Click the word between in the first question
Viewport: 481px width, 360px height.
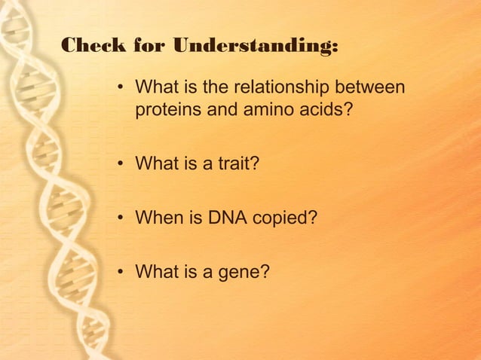click(369, 88)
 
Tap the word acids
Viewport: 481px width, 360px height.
click(326, 110)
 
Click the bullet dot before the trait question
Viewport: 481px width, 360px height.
click(120, 164)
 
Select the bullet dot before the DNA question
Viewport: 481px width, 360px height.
click(120, 218)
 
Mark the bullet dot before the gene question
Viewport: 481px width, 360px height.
click(120, 273)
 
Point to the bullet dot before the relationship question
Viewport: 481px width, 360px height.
click(120, 89)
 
